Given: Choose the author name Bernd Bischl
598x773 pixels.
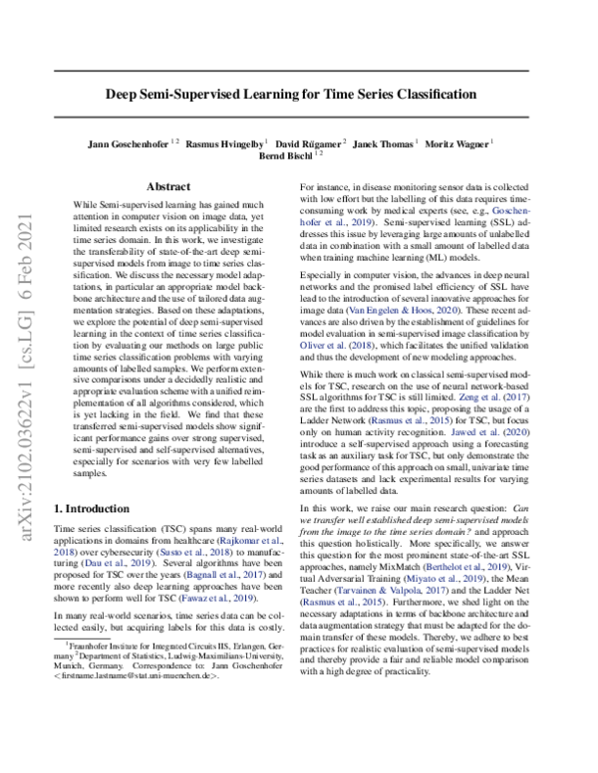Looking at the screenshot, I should [x=285, y=155].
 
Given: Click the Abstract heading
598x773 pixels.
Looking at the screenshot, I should [x=167, y=186].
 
